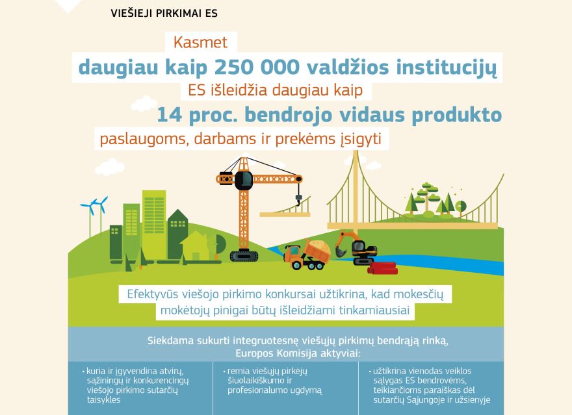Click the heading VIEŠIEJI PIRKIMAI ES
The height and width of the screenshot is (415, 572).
coord(164,13)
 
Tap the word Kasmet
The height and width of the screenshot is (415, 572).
coord(200,43)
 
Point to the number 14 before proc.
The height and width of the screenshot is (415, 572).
coord(170,115)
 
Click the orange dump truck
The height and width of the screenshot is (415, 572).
coord(307,253)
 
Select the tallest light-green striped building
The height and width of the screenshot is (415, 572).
coord(154,221)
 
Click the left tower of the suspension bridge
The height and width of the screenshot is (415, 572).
coord(356,188)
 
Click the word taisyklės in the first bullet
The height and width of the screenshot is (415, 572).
coord(103,400)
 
